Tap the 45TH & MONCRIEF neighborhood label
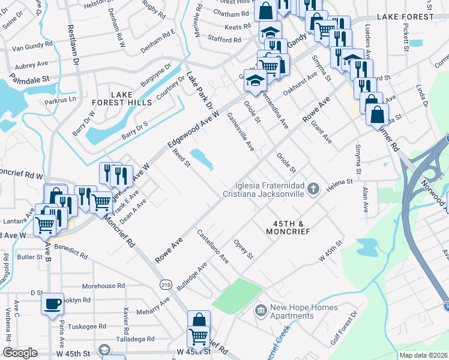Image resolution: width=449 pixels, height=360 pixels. coord(289,227)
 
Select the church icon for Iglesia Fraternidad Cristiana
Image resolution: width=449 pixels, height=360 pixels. coord(312,190)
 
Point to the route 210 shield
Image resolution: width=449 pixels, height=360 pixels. coord(164,283)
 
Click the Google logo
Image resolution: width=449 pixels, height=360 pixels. coord(20,353)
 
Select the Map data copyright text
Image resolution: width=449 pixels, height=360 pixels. coord(424,355)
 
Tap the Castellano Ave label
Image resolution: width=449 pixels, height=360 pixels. coord(213,248)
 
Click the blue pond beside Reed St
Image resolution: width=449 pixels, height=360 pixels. coord(203,159)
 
